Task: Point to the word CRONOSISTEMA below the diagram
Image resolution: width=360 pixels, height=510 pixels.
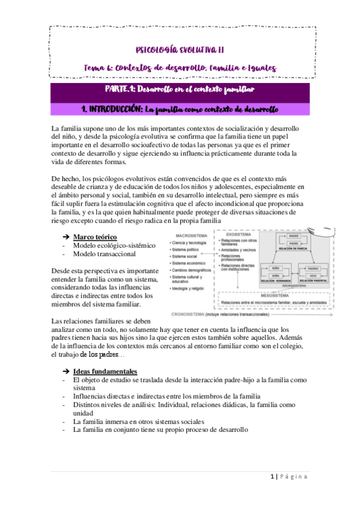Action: tap(186, 315)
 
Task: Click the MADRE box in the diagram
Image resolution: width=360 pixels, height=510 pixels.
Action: tap(294, 236)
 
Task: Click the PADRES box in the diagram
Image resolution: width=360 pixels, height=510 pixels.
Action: tap(314, 269)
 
